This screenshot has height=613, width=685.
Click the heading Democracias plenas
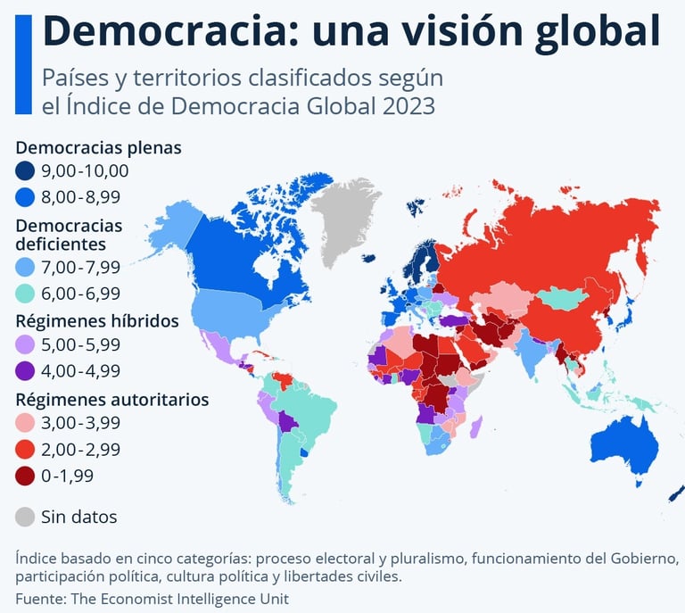[98, 147]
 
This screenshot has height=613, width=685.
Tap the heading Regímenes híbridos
[97, 320]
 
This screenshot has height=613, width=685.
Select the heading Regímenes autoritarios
[112, 399]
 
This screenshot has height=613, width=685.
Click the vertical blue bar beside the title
[23, 63]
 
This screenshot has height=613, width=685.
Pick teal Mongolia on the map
[563, 298]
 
